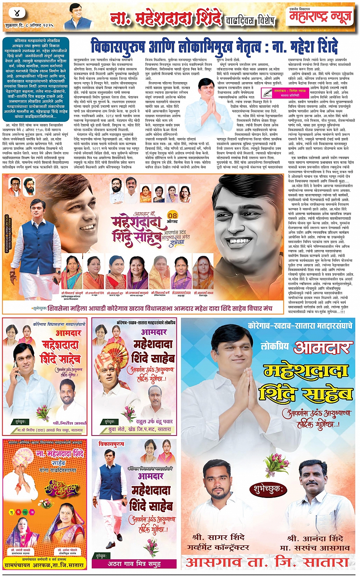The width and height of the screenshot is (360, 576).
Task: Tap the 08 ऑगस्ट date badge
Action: click(x=173, y=218)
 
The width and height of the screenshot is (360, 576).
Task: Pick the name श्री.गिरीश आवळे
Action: click(x=69, y=423)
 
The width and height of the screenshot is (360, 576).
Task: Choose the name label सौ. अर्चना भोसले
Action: click(x=67, y=550)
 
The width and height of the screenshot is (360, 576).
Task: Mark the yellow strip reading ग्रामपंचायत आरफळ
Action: click(x=44, y=565)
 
